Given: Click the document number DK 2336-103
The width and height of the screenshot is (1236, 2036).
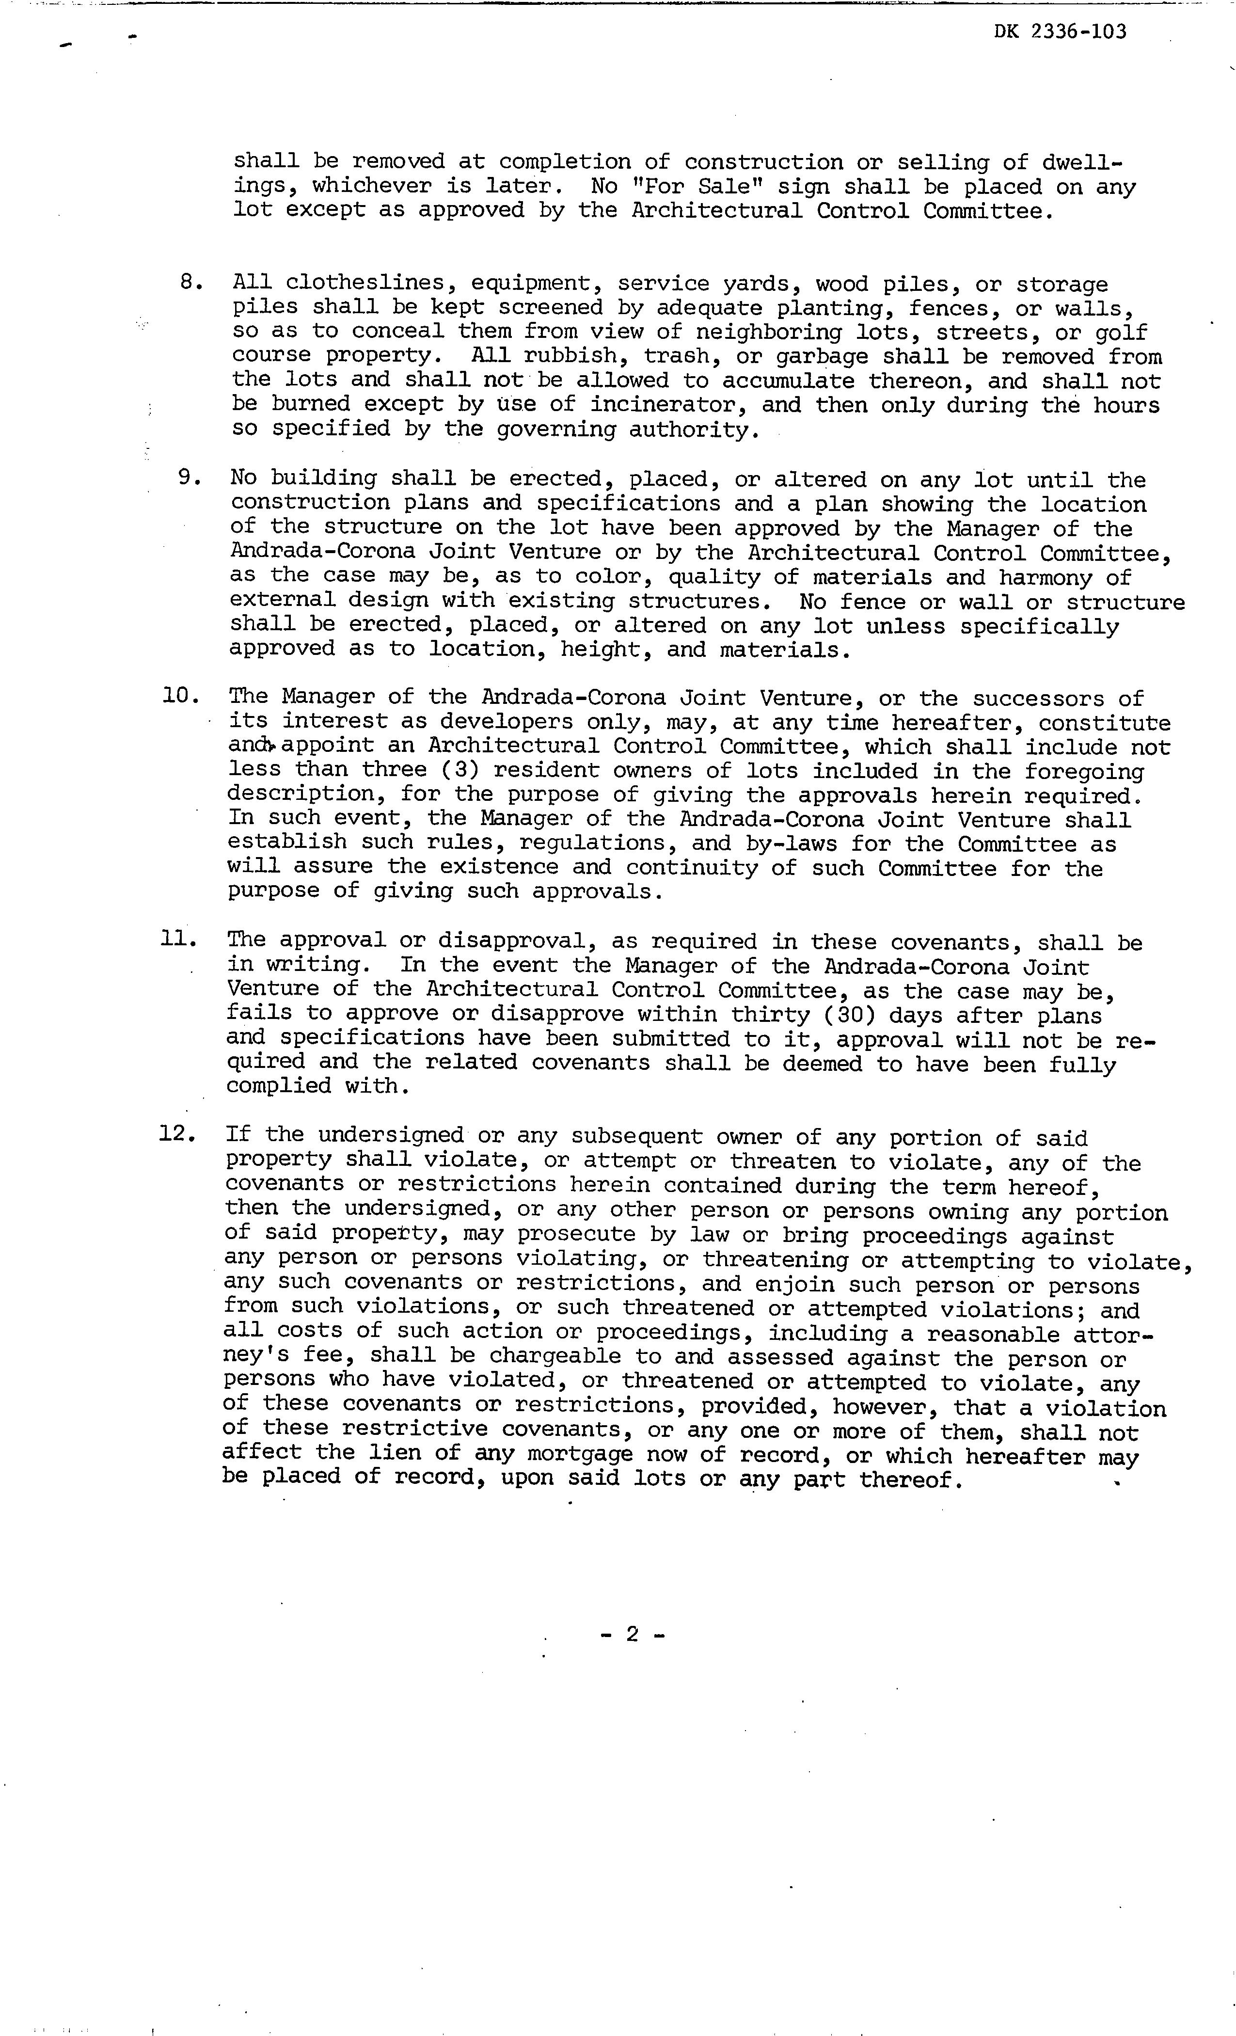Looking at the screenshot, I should click(1060, 32).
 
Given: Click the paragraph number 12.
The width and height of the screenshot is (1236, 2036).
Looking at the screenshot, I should click(177, 1134).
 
